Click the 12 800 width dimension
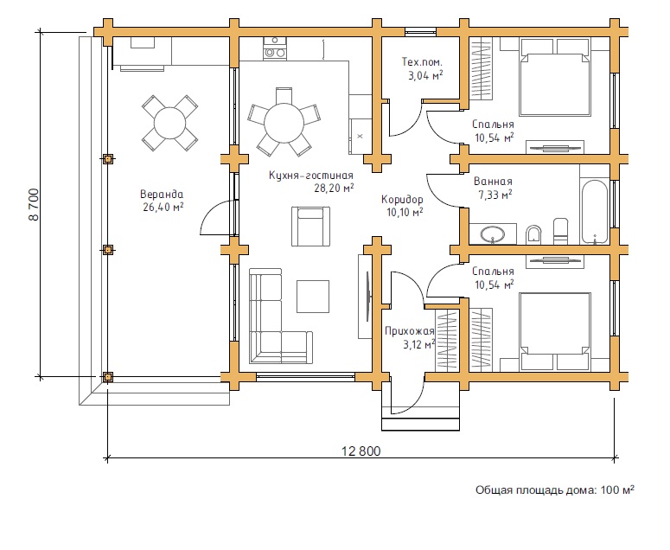point(361,451)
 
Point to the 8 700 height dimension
point(34,205)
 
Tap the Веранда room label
point(162,194)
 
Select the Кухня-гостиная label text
point(311,176)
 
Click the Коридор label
point(402,199)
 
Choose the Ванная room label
point(493,182)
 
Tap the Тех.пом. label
point(422,62)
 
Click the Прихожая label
point(410,330)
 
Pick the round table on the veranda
point(169,123)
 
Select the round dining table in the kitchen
point(284,123)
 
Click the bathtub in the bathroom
point(594,212)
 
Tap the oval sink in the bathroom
point(492,233)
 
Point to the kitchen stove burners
point(275,48)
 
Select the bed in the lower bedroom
point(555,331)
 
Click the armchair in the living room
point(310,226)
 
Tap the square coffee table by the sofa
point(313,296)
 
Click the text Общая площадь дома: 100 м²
point(555,489)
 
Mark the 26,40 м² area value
point(163,208)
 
